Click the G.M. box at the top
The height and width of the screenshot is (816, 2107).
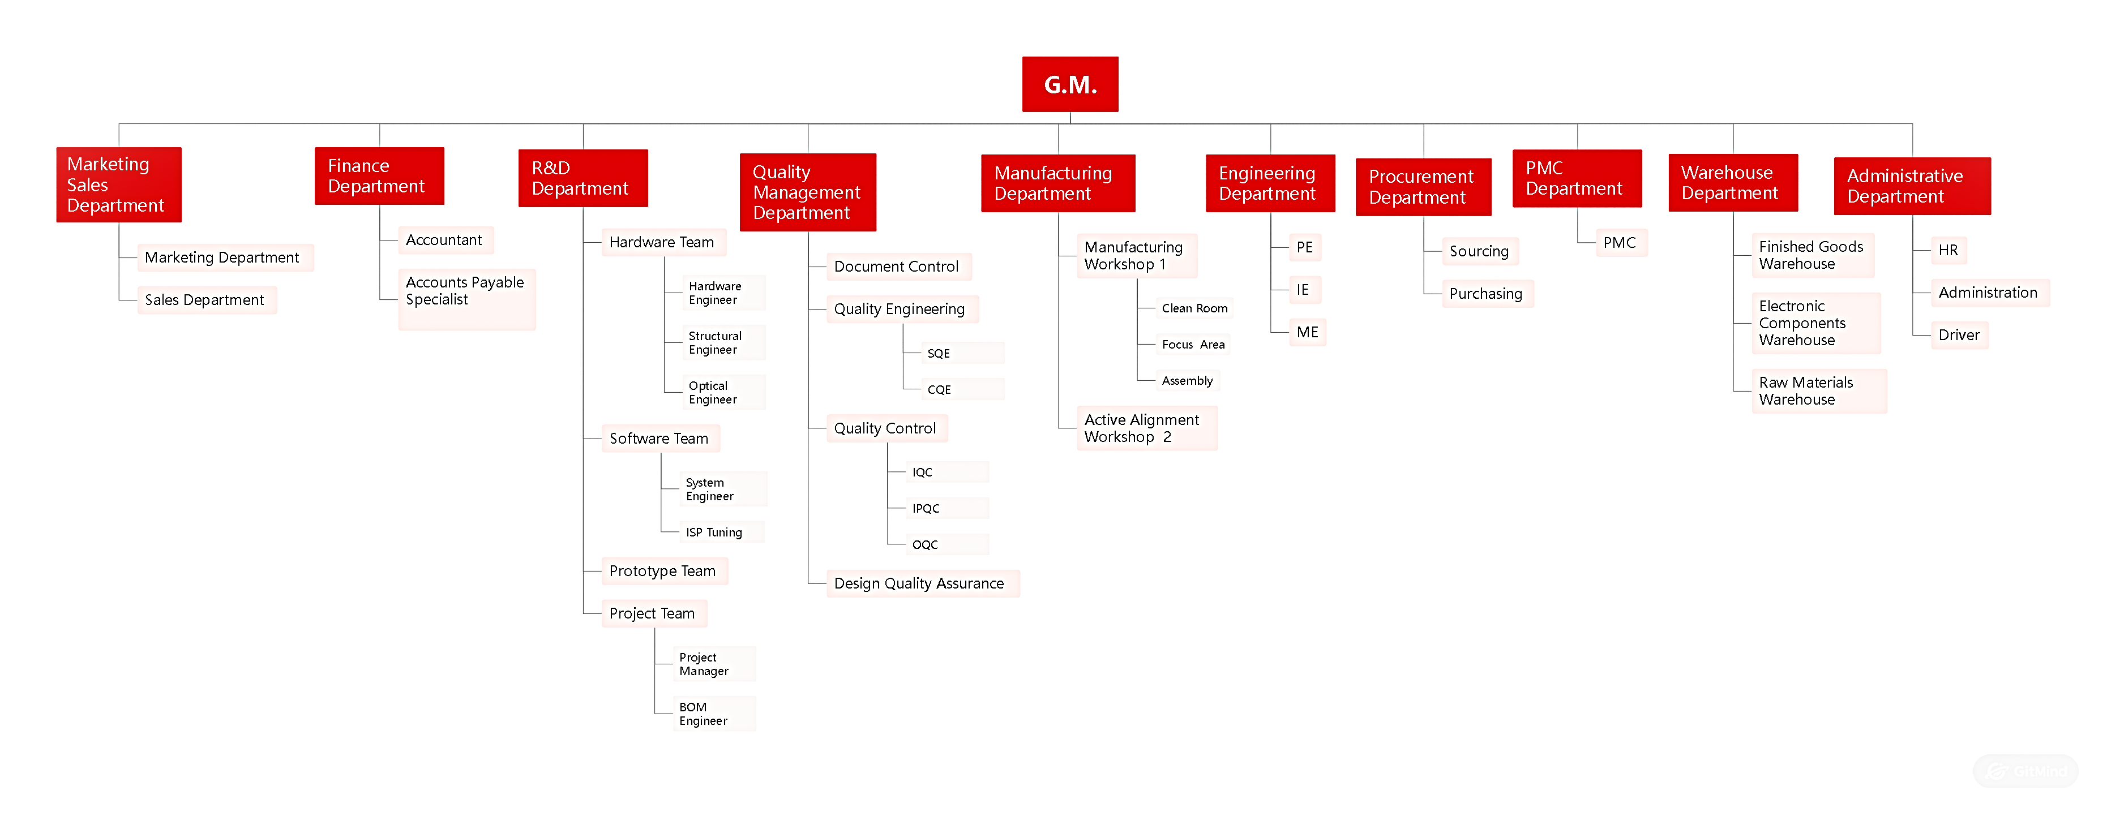point(1070,84)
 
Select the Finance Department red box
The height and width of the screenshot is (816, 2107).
point(379,176)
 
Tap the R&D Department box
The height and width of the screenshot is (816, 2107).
point(583,178)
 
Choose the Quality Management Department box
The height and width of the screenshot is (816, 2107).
point(807,192)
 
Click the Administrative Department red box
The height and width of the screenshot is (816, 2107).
point(1912,186)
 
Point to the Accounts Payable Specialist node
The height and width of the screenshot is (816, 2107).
point(466,298)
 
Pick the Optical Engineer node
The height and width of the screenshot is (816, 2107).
point(723,393)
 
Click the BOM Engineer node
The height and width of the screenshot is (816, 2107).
point(713,714)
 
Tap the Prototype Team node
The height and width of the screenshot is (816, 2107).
point(663,571)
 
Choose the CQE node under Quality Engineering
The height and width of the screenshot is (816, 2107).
point(961,389)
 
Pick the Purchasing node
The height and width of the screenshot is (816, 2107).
point(1486,294)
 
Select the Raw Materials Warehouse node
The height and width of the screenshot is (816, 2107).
point(1818,391)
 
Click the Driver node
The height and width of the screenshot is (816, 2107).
point(1959,335)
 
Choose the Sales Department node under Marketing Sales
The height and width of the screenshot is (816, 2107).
point(205,300)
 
